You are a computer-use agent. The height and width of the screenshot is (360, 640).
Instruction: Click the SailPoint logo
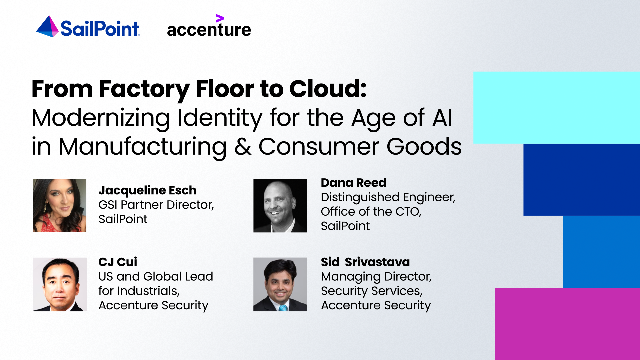click(x=87, y=27)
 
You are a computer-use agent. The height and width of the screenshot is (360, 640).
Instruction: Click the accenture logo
click(x=208, y=28)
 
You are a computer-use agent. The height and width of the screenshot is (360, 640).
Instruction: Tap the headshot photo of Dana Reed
click(x=279, y=204)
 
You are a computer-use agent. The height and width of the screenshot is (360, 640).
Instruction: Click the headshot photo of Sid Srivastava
click(x=279, y=284)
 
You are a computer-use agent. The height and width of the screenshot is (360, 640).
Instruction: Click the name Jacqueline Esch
click(x=147, y=190)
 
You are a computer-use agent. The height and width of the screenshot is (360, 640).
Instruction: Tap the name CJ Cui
click(x=117, y=263)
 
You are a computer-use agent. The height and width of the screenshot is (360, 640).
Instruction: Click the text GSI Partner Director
click(x=155, y=204)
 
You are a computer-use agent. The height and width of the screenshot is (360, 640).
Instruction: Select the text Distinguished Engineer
click(x=387, y=197)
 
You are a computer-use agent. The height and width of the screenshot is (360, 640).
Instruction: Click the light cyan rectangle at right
click(x=556, y=107)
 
